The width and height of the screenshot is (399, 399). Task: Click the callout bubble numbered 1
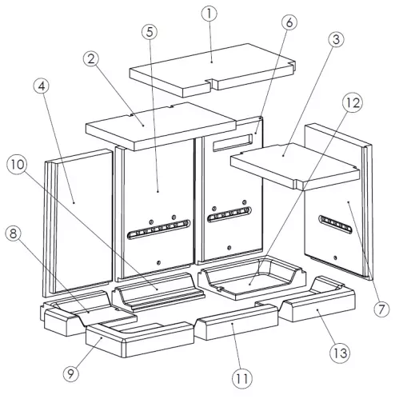point(209,14)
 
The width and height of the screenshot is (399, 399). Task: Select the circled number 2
point(91,59)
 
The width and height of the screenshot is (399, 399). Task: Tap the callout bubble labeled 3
point(336,39)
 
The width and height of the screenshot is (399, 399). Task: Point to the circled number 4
point(42,86)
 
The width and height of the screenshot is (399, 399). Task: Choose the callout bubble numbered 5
point(150,32)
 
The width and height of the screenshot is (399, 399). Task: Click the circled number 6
point(289,23)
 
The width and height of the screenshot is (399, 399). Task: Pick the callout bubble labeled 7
point(381,309)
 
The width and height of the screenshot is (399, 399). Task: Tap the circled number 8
point(14,233)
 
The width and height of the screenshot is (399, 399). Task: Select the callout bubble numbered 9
point(71,373)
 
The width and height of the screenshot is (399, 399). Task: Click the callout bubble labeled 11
point(242,378)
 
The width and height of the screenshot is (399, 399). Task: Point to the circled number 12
point(353,102)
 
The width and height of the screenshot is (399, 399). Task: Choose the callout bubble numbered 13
point(340,353)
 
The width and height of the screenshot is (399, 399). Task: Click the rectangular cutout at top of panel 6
point(233,142)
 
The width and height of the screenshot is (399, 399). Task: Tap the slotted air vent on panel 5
point(158,229)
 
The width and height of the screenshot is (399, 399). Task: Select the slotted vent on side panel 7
point(335,225)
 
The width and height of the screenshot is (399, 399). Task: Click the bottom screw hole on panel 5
point(159,262)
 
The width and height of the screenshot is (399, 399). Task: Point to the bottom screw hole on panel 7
point(335,257)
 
